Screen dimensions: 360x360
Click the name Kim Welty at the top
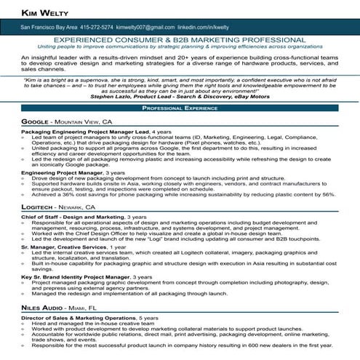35,12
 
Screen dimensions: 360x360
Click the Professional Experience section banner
180,107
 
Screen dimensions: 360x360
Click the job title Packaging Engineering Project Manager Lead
84,131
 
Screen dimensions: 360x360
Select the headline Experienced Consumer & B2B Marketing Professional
180,41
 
